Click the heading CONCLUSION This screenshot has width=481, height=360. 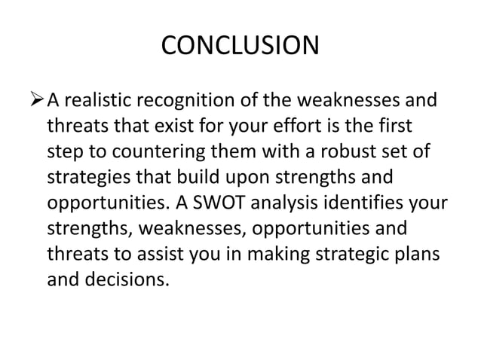point(240,47)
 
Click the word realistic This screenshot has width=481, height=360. point(105,99)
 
